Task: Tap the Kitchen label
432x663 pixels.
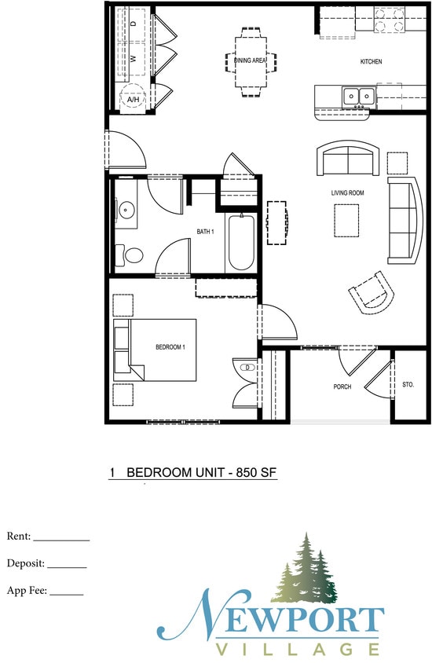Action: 371,61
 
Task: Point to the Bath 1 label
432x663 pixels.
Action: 205,231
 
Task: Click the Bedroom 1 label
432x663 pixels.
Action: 170,346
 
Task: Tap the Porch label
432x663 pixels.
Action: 342,386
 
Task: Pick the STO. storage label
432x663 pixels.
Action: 408,386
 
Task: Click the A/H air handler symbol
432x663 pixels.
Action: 134,100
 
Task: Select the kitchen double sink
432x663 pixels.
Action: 357,97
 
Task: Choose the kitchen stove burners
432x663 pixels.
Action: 387,19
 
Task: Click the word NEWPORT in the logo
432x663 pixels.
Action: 275,620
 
